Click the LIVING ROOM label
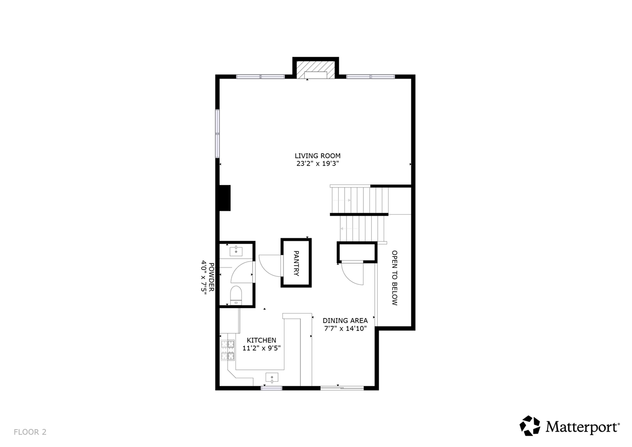(x=317, y=156)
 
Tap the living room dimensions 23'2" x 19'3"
(x=317, y=164)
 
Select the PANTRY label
(x=296, y=263)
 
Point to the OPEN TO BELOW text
(x=395, y=278)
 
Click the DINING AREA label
(x=345, y=320)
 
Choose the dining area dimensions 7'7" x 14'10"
(x=345, y=328)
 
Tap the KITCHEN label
(x=261, y=340)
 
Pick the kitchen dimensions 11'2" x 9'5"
(x=261, y=348)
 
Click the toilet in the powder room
(x=236, y=295)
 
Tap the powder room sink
(x=236, y=251)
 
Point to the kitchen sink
(x=272, y=377)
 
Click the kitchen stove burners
(x=227, y=350)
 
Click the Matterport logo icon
(x=530, y=426)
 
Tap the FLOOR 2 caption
(x=30, y=432)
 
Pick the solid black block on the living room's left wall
(x=225, y=198)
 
